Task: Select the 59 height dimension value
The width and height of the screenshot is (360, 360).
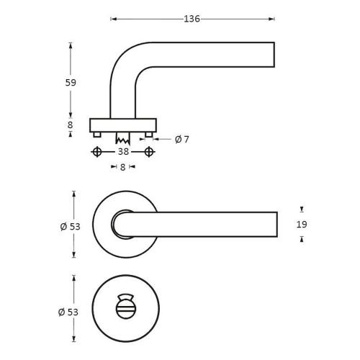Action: point(70,82)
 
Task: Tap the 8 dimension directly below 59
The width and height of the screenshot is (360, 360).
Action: point(70,125)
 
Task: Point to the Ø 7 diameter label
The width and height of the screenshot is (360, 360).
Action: point(182,139)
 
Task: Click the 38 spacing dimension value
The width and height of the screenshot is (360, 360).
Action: point(123,152)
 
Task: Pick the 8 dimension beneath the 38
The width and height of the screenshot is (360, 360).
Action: point(122,167)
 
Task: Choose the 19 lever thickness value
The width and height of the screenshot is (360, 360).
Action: point(301,225)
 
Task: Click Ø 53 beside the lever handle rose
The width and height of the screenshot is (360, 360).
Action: point(69,225)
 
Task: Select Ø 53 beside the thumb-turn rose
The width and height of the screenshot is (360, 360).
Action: point(69,312)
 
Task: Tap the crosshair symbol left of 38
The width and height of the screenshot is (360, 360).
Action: point(97,152)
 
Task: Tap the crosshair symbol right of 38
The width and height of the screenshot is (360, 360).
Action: point(149,152)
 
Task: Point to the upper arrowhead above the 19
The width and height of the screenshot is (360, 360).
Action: point(301,210)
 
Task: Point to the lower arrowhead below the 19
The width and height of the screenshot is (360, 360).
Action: point(301,240)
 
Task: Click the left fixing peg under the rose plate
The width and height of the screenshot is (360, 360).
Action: point(97,134)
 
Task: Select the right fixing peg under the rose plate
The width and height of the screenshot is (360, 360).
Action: point(148,134)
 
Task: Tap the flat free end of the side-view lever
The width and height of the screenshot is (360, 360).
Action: point(274,54)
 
